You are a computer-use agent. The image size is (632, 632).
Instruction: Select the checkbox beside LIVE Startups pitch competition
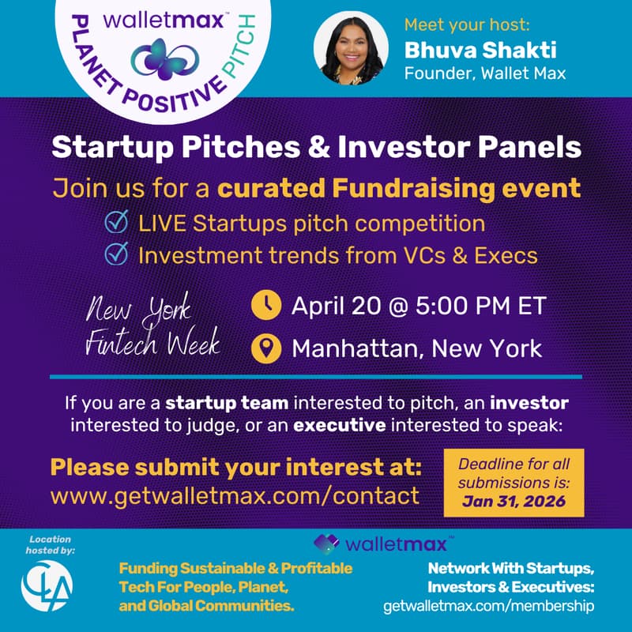[x=117, y=224]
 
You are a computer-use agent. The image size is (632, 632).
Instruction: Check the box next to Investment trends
[x=117, y=255]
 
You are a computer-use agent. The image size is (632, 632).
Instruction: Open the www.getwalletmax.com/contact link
[x=235, y=496]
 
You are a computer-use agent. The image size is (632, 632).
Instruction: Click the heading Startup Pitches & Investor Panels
[x=316, y=147]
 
